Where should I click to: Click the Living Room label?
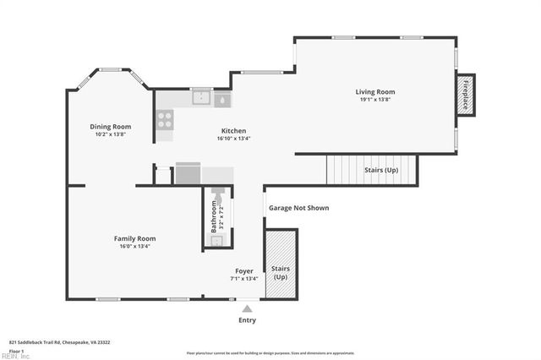pyautogui.click(x=374, y=91)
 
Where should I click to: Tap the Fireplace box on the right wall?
pyautogui.click(x=465, y=95)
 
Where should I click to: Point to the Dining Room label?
pyautogui.click(x=111, y=127)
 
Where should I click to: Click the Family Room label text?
pyautogui.click(x=134, y=238)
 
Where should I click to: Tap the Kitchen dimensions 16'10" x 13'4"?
pyautogui.click(x=233, y=139)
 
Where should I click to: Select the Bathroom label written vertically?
pyautogui.click(x=214, y=215)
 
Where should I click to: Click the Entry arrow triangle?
pyautogui.click(x=247, y=309)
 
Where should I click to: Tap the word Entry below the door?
pyautogui.click(x=247, y=320)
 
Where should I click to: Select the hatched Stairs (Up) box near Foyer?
pyautogui.click(x=280, y=263)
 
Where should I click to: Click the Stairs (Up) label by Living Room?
pyautogui.click(x=380, y=170)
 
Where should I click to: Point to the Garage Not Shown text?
pyautogui.click(x=298, y=208)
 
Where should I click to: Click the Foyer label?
pyautogui.click(x=244, y=270)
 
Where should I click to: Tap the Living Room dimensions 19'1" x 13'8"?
pyautogui.click(x=374, y=100)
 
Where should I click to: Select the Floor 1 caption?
pyautogui.click(x=16, y=350)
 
